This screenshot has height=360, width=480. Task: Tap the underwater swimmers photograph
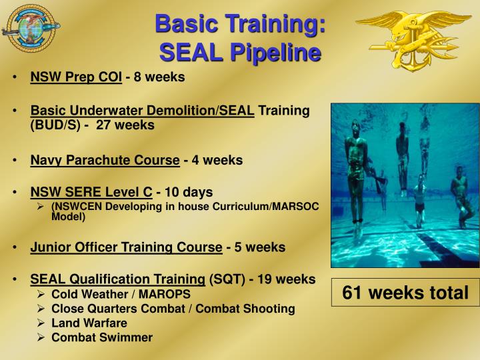pos(405,185)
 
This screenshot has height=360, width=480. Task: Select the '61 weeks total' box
pos(405,293)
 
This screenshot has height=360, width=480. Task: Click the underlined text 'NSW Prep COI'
pos(76,77)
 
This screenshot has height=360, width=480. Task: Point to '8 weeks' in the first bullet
pos(159,77)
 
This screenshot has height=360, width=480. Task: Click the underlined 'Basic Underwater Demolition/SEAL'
pos(143,111)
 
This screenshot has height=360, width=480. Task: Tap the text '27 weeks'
pos(125,125)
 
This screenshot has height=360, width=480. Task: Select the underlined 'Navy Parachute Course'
pos(105,160)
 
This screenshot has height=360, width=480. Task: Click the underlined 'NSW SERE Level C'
pos(91,193)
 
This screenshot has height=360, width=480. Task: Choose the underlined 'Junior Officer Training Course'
pos(126,247)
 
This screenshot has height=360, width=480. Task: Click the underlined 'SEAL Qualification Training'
pos(117,279)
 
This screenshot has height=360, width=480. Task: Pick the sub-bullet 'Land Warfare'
pos(89,323)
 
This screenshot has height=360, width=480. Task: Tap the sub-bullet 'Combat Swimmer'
pos(102,337)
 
